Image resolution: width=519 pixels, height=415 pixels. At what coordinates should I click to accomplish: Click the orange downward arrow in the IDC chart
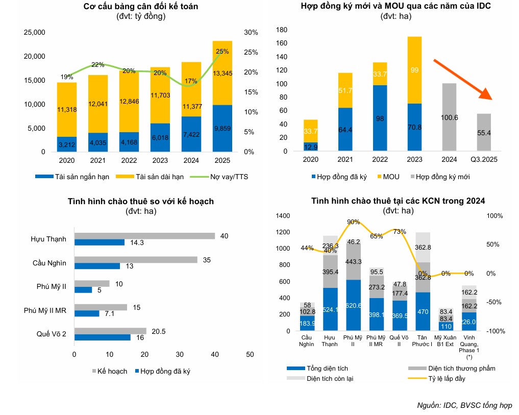[x=462, y=79]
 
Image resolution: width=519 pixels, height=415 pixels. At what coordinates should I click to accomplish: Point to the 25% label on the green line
[x=223, y=52]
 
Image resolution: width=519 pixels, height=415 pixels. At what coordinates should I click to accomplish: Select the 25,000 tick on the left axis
[x=35, y=33]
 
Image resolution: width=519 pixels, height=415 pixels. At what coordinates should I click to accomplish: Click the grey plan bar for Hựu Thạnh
[x=144, y=236]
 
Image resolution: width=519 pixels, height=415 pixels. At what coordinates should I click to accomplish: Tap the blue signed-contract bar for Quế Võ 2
[x=103, y=337]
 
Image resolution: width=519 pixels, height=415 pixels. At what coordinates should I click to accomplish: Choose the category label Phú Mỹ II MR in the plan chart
[x=45, y=310]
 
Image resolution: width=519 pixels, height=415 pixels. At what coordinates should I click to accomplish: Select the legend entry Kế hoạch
[x=110, y=371]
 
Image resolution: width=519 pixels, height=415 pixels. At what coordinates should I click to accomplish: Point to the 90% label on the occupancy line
[x=353, y=222]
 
